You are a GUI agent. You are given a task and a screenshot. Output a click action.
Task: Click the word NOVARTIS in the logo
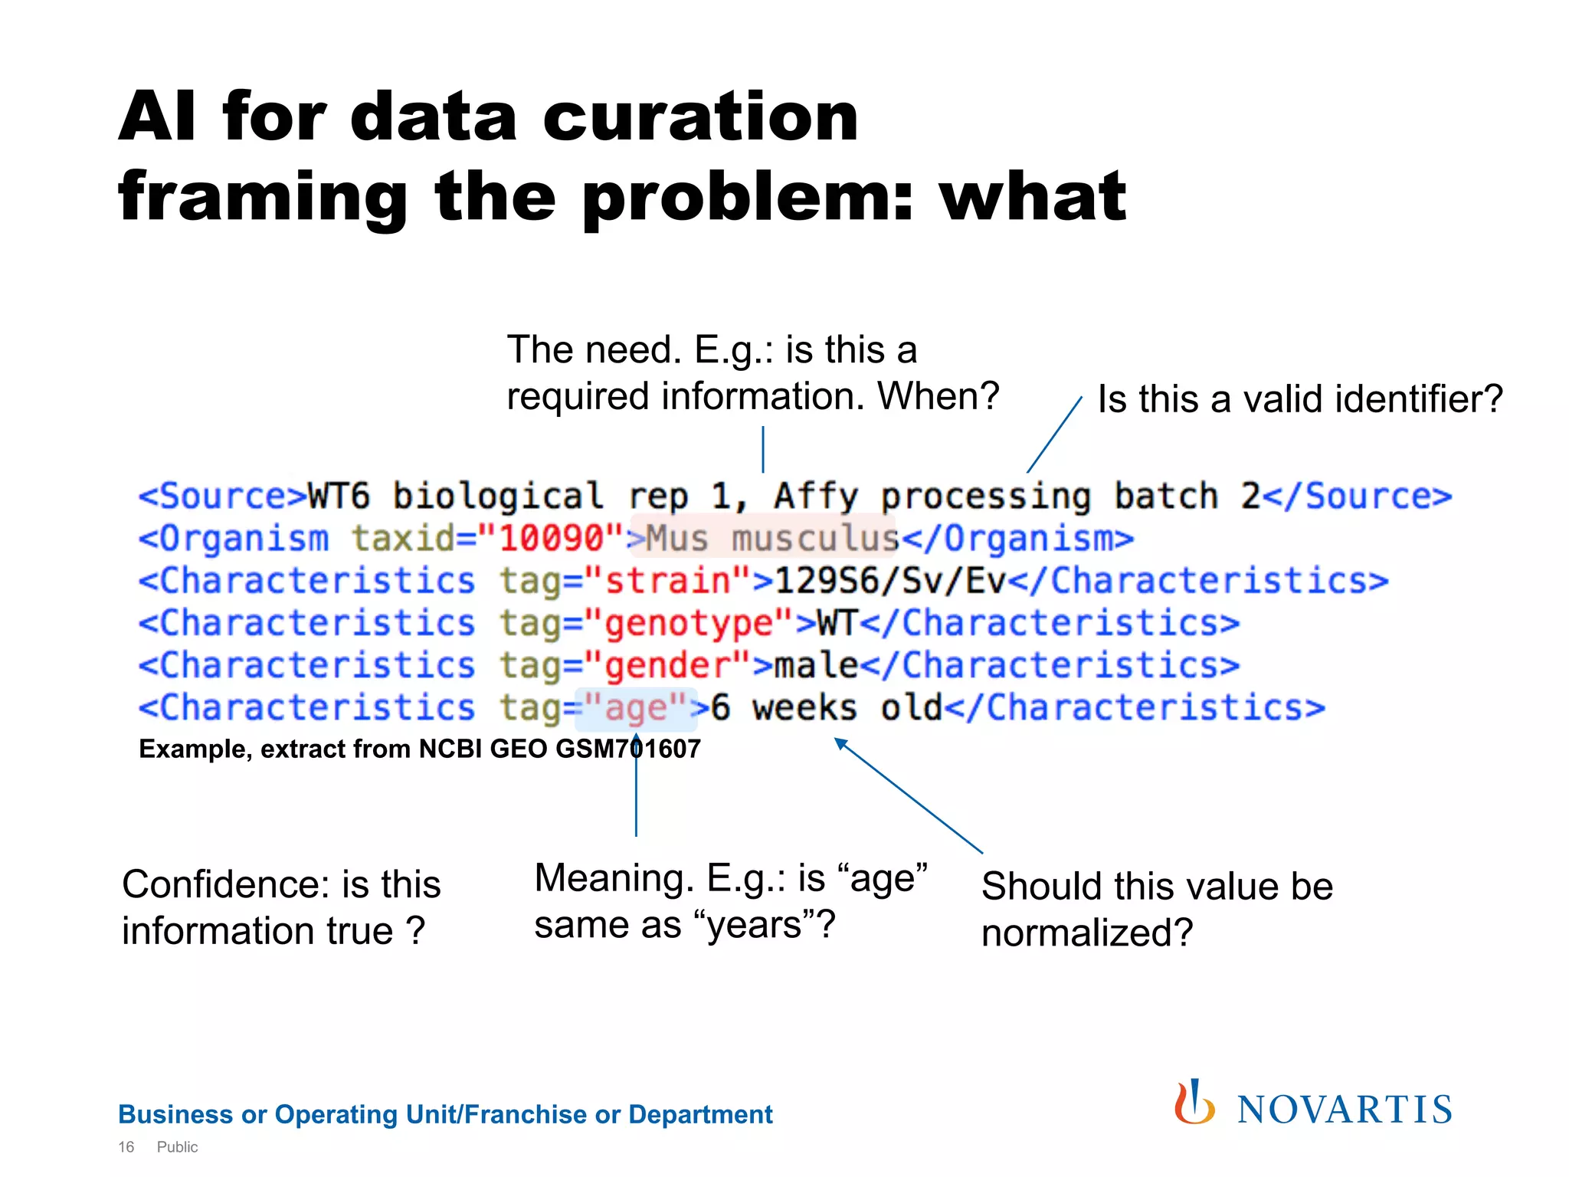coord(1345,1110)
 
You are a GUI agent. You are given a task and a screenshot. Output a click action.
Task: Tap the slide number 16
coord(126,1147)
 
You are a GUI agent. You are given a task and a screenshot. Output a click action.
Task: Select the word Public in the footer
coord(177,1147)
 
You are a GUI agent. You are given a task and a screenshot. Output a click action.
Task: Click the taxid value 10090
coord(552,539)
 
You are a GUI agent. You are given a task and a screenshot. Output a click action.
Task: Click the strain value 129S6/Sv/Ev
coord(889,581)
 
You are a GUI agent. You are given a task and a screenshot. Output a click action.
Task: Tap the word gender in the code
coord(667,665)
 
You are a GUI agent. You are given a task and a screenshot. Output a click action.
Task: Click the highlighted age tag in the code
coord(636,707)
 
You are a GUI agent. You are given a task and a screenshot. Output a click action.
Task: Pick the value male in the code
coord(816,665)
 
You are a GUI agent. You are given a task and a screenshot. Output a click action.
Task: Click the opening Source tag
coord(222,497)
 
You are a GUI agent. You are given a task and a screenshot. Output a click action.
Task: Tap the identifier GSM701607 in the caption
coord(627,749)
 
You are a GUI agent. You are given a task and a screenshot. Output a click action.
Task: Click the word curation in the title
coord(700,116)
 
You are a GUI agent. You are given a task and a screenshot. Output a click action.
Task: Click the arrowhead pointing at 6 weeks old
coord(840,743)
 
